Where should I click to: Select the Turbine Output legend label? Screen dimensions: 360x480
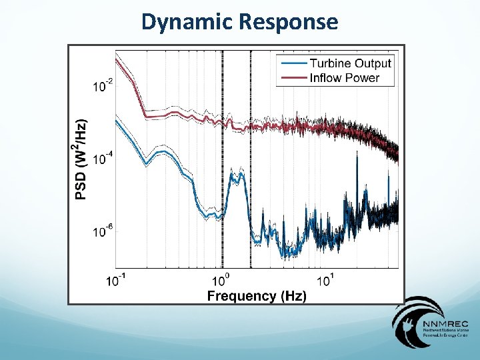point(351,63)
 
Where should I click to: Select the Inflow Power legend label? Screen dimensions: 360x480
point(344,78)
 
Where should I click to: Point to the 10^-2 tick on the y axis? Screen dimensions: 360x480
point(103,86)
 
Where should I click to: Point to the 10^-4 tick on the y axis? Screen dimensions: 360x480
point(103,159)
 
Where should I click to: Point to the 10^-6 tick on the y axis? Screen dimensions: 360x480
point(103,231)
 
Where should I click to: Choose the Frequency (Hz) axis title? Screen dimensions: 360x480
point(257,295)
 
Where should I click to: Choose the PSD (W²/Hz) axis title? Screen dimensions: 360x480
point(80,160)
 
